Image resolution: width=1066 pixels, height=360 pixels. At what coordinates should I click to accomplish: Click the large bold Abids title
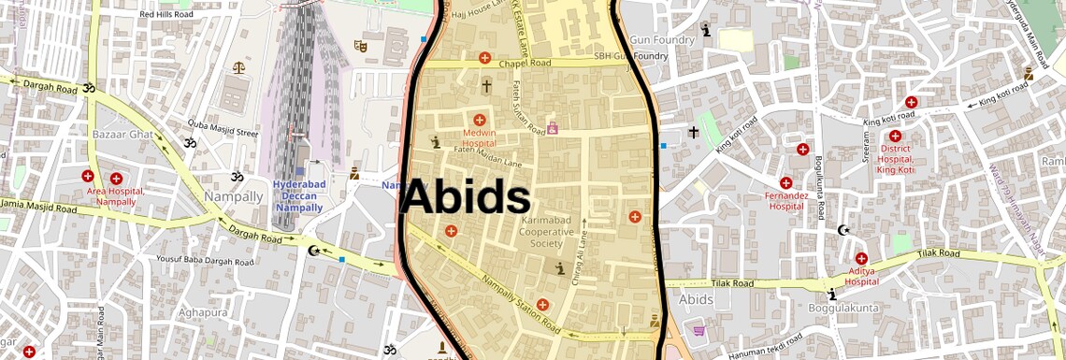pyautogui.click(x=466, y=199)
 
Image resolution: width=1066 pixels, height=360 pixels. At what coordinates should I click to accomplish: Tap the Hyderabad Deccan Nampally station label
pyautogui.click(x=298, y=195)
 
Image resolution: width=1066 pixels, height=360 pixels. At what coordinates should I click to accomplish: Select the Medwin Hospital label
pyautogui.click(x=479, y=138)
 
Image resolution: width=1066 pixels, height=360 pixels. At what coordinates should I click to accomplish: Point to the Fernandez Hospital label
pyautogui.click(x=785, y=200)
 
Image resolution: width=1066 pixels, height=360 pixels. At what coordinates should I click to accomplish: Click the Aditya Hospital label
pyautogui.click(x=861, y=275)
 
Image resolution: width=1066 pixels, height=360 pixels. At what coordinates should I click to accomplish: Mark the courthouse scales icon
pyautogui.click(x=237, y=67)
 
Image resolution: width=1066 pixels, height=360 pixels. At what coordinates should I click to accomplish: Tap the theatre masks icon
pyautogui.click(x=360, y=45)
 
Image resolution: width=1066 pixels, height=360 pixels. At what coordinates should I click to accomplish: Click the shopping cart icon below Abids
pyautogui.click(x=698, y=329)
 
